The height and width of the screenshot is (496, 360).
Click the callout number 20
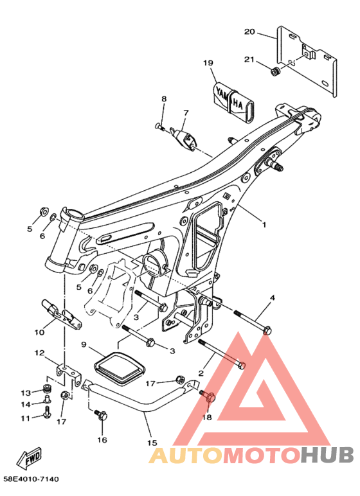coord(249,31)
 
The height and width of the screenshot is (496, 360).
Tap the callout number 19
coord(208,63)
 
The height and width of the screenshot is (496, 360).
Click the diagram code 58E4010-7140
coord(32,479)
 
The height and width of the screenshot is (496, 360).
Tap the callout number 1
coord(264,225)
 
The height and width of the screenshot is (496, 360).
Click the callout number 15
coord(152,443)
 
